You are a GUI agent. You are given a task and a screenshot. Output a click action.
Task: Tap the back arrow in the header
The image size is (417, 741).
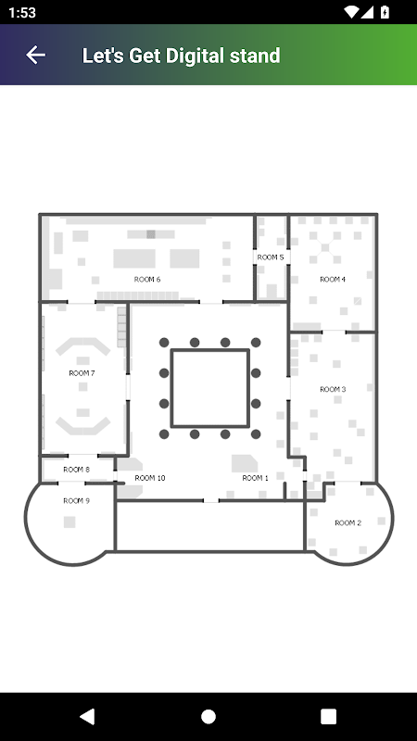click(35, 56)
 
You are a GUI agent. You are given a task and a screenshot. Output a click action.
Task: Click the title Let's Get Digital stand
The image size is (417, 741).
click(181, 56)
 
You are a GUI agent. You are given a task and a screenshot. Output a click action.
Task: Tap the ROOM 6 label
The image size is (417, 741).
click(147, 280)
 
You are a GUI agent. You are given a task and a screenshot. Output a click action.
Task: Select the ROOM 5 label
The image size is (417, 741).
click(271, 257)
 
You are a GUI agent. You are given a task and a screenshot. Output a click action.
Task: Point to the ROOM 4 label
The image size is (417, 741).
click(333, 280)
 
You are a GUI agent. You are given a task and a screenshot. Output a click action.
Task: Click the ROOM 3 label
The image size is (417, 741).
click(333, 389)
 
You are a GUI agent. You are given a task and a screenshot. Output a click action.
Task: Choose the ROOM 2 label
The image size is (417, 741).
click(348, 522)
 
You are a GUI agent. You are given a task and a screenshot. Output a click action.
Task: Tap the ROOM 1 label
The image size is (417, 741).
click(256, 478)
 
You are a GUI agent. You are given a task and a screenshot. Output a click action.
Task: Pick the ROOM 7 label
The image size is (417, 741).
click(82, 373)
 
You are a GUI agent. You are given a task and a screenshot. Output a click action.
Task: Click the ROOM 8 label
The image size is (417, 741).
click(76, 470)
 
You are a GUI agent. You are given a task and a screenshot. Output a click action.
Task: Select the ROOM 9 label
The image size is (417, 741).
click(76, 501)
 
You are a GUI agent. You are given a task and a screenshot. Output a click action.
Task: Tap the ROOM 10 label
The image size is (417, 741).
click(150, 478)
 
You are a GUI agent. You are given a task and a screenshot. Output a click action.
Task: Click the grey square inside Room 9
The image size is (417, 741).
click(69, 522)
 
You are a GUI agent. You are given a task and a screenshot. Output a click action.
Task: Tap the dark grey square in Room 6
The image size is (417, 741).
click(151, 234)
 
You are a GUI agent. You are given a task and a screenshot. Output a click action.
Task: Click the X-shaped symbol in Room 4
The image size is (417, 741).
click(325, 247)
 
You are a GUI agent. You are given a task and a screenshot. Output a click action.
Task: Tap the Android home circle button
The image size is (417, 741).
click(208, 716)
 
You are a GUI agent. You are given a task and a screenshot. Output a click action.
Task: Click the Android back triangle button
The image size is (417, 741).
click(87, 716)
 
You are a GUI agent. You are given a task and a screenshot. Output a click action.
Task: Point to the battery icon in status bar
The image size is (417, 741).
click(385, 12)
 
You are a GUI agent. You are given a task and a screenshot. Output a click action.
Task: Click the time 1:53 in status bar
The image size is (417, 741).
click(21, 13)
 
